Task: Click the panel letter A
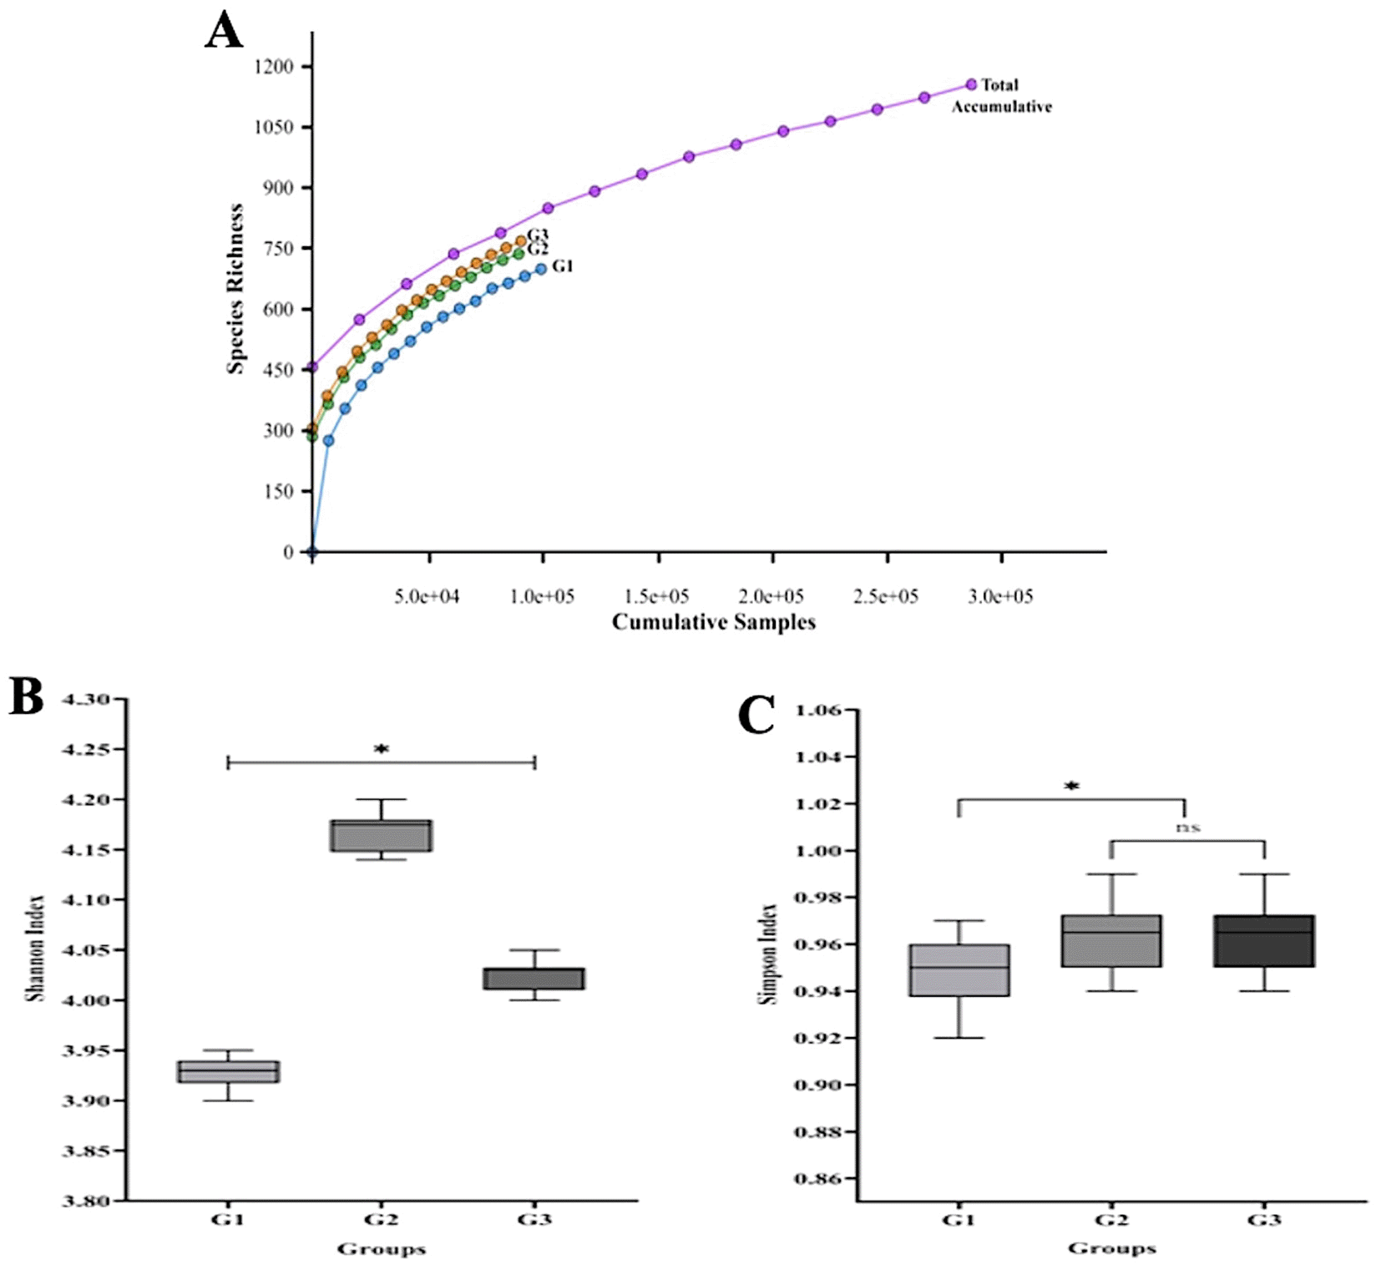pos(224,32)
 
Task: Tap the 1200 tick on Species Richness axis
pos(274,67)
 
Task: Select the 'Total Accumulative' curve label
pos(1001,96)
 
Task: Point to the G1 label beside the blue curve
pos(563,266)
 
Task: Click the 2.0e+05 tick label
pos(771,596)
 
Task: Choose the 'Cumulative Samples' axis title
pos(713,622)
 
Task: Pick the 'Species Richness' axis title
pos(236,289)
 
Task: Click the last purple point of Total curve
pos(971,84)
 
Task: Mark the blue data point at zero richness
pos(312,552)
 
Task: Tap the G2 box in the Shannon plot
pos(381,836)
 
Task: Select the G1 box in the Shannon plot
pos(228,1071)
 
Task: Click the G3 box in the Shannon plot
pos(534,979)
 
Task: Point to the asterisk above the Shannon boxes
pos(382,749)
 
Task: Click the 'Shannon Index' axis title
pos(35,949)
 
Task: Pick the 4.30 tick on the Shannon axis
pos(86,700)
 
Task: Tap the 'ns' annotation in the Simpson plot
pos(1187,827)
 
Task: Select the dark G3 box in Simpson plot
pos(1264,941)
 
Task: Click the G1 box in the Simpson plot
pos(959,970)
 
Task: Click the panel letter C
pos(756,716)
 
